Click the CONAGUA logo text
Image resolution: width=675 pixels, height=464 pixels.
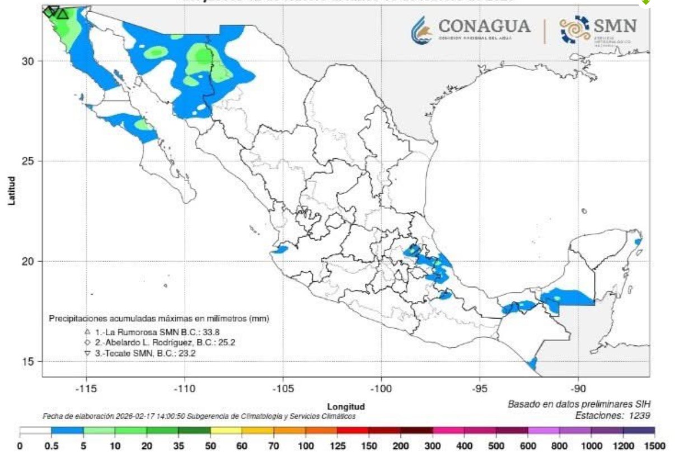(484, 26)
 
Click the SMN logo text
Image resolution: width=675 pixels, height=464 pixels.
(614, 26)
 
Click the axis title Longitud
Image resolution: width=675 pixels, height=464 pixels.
(346, 406)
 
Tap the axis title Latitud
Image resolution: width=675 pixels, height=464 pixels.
(12, 191)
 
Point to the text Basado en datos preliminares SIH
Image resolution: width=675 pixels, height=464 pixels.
(579, 404)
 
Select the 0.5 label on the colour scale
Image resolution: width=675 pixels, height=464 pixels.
(51, 446)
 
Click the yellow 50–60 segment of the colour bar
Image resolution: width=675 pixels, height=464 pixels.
(226, 431)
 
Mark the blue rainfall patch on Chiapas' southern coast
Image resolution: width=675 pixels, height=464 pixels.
(532, 364)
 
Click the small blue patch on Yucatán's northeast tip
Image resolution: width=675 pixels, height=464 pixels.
(638, 242)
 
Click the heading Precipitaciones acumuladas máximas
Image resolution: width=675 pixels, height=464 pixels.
(159, 319)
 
